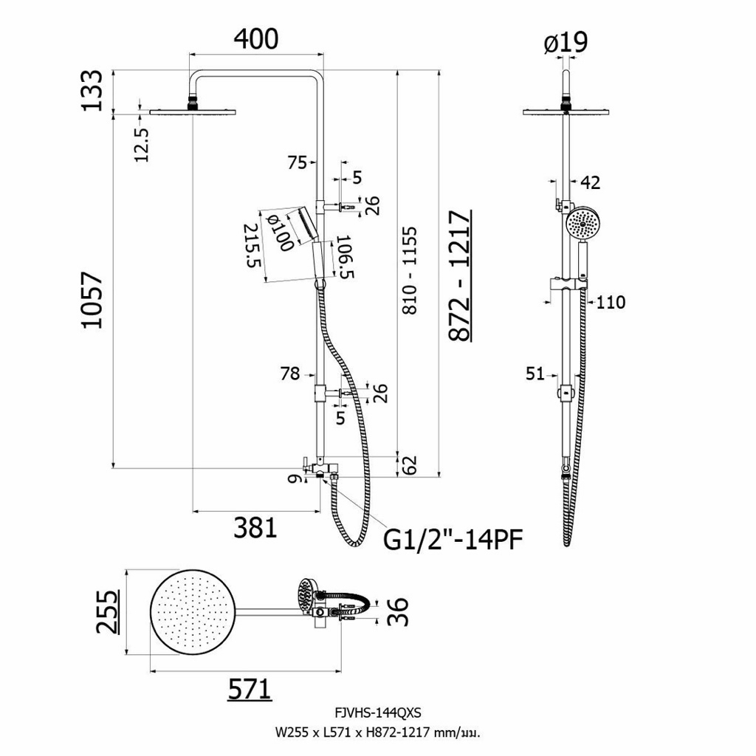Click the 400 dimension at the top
[x=256, y=39]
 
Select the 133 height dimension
[x=92, y=90]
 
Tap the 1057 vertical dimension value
[x=92, y=300]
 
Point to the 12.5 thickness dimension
[x=142, y=144]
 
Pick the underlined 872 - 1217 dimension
[x=460, y=276]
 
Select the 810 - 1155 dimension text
[x=410, y=270]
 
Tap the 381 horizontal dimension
[x=255, y=527]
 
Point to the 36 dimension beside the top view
[x=399, y=611]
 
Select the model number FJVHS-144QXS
[x=377, y=712]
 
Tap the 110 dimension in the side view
[x=611, y=302]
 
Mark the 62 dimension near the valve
[x=410, y=465]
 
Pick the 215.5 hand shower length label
[x=253, y=245]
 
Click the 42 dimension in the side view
[x=590, y=182]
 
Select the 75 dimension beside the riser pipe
[x=297, y=163]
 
